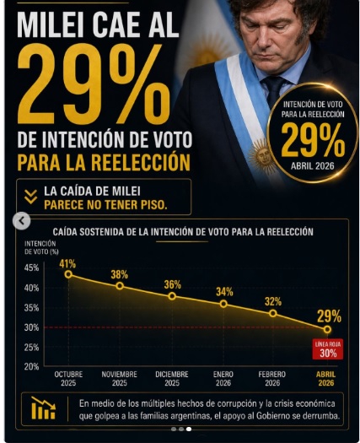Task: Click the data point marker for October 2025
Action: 68,274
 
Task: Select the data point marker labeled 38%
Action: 120,286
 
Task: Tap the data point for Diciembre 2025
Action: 172,296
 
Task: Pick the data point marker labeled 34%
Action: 223,304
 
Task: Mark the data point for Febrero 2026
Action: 273,313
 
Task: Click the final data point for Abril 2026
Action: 327,329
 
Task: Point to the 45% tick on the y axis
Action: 31,267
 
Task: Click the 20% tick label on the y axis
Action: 31,367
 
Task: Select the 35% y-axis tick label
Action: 31,308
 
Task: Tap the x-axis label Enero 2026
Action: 223,379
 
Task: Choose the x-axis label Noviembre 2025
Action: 120,379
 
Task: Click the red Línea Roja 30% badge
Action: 328,349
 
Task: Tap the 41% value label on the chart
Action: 67,264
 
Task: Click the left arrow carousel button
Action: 22,221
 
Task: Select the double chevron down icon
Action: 31,197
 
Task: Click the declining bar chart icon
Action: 43,408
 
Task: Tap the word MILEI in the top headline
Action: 51,24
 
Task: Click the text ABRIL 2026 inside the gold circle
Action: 313,165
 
